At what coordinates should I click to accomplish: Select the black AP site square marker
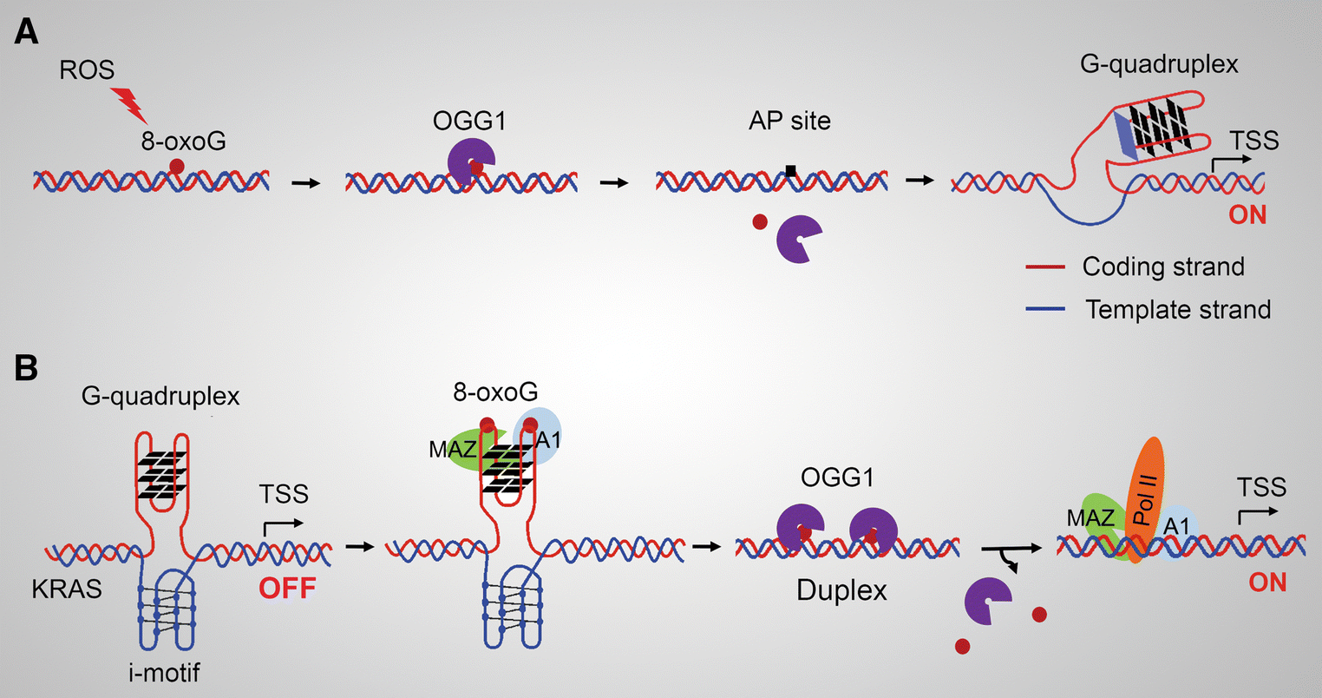click(790, 172)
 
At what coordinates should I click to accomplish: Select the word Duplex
click(841, 591)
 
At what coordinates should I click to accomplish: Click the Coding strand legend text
click(1162, 267)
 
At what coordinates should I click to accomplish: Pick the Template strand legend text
click(1177, 309)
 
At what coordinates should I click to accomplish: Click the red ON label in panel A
click(1247, 214)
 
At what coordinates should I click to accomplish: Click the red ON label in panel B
click(1267, 582)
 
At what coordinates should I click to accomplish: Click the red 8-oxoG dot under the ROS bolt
click(176, 166)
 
